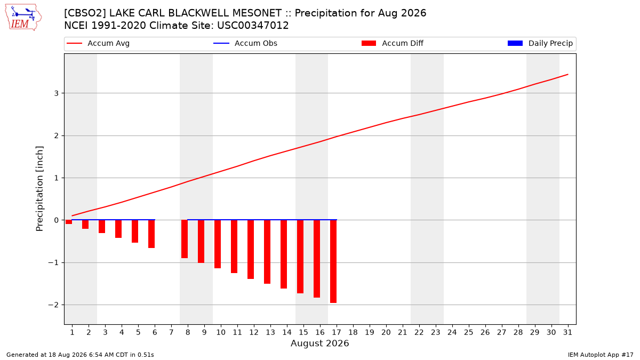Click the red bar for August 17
tap(333, 261)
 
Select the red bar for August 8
tap(185, 239)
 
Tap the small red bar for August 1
tap(69, 222)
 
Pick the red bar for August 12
tap(251, 250)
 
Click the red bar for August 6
tap(151, 234)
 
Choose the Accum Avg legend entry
tap(98, 43)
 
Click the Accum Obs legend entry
tap(245, 43)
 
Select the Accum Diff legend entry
tap(393, 43)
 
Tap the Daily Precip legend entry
tap(540, 43)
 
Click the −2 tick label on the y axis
tap(53, 305)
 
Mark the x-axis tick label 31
tap(567, 332)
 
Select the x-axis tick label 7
tap(171, 332)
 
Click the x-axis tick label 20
tap(386, 332)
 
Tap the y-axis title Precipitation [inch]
tap(39, 189)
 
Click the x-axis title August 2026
tap(319, 343)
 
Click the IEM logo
tap(23, 18)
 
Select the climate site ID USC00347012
tap(253, 26)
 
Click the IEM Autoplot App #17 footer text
tap(601, 355)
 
